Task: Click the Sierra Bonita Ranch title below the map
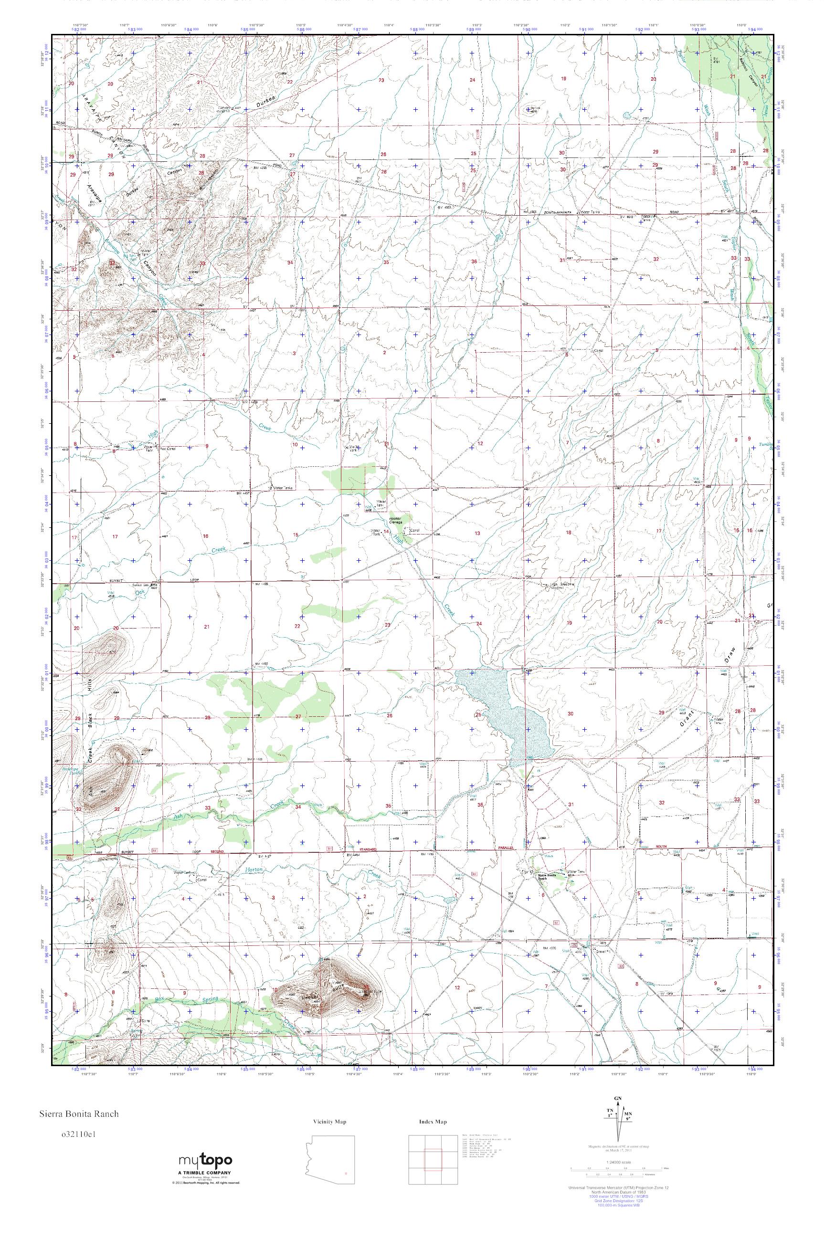(x=77, y=1113)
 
